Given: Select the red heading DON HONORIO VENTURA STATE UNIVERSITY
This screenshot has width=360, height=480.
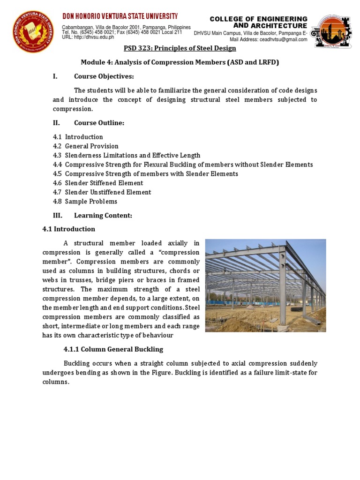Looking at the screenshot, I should click(x=120, y=17).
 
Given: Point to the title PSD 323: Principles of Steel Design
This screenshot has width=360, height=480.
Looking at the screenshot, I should click(x=180, y=48).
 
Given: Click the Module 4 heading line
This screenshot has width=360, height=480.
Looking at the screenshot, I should click(x=180, y=62).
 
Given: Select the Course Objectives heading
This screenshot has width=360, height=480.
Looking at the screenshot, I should click(x=104, y=76).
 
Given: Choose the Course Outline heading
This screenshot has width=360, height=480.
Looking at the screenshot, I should click(x=99, y=123).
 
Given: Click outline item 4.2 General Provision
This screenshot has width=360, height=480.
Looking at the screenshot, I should click(x=86, y=146).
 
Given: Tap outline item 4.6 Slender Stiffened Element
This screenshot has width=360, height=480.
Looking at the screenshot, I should click(x=98, y=183).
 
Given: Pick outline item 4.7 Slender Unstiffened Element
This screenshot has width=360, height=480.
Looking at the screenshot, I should click(x=102, y=192).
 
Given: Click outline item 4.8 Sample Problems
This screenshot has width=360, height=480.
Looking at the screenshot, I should click(x=85, y=202).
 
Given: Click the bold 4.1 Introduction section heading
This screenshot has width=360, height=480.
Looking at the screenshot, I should click(x=68, y=229).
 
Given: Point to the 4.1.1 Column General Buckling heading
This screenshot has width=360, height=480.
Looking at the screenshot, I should click(x=113, y=349).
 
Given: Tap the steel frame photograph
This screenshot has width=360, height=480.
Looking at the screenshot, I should click(x=265, y=285).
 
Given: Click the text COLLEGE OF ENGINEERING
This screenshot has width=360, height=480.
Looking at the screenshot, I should click(x=258, y=19).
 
